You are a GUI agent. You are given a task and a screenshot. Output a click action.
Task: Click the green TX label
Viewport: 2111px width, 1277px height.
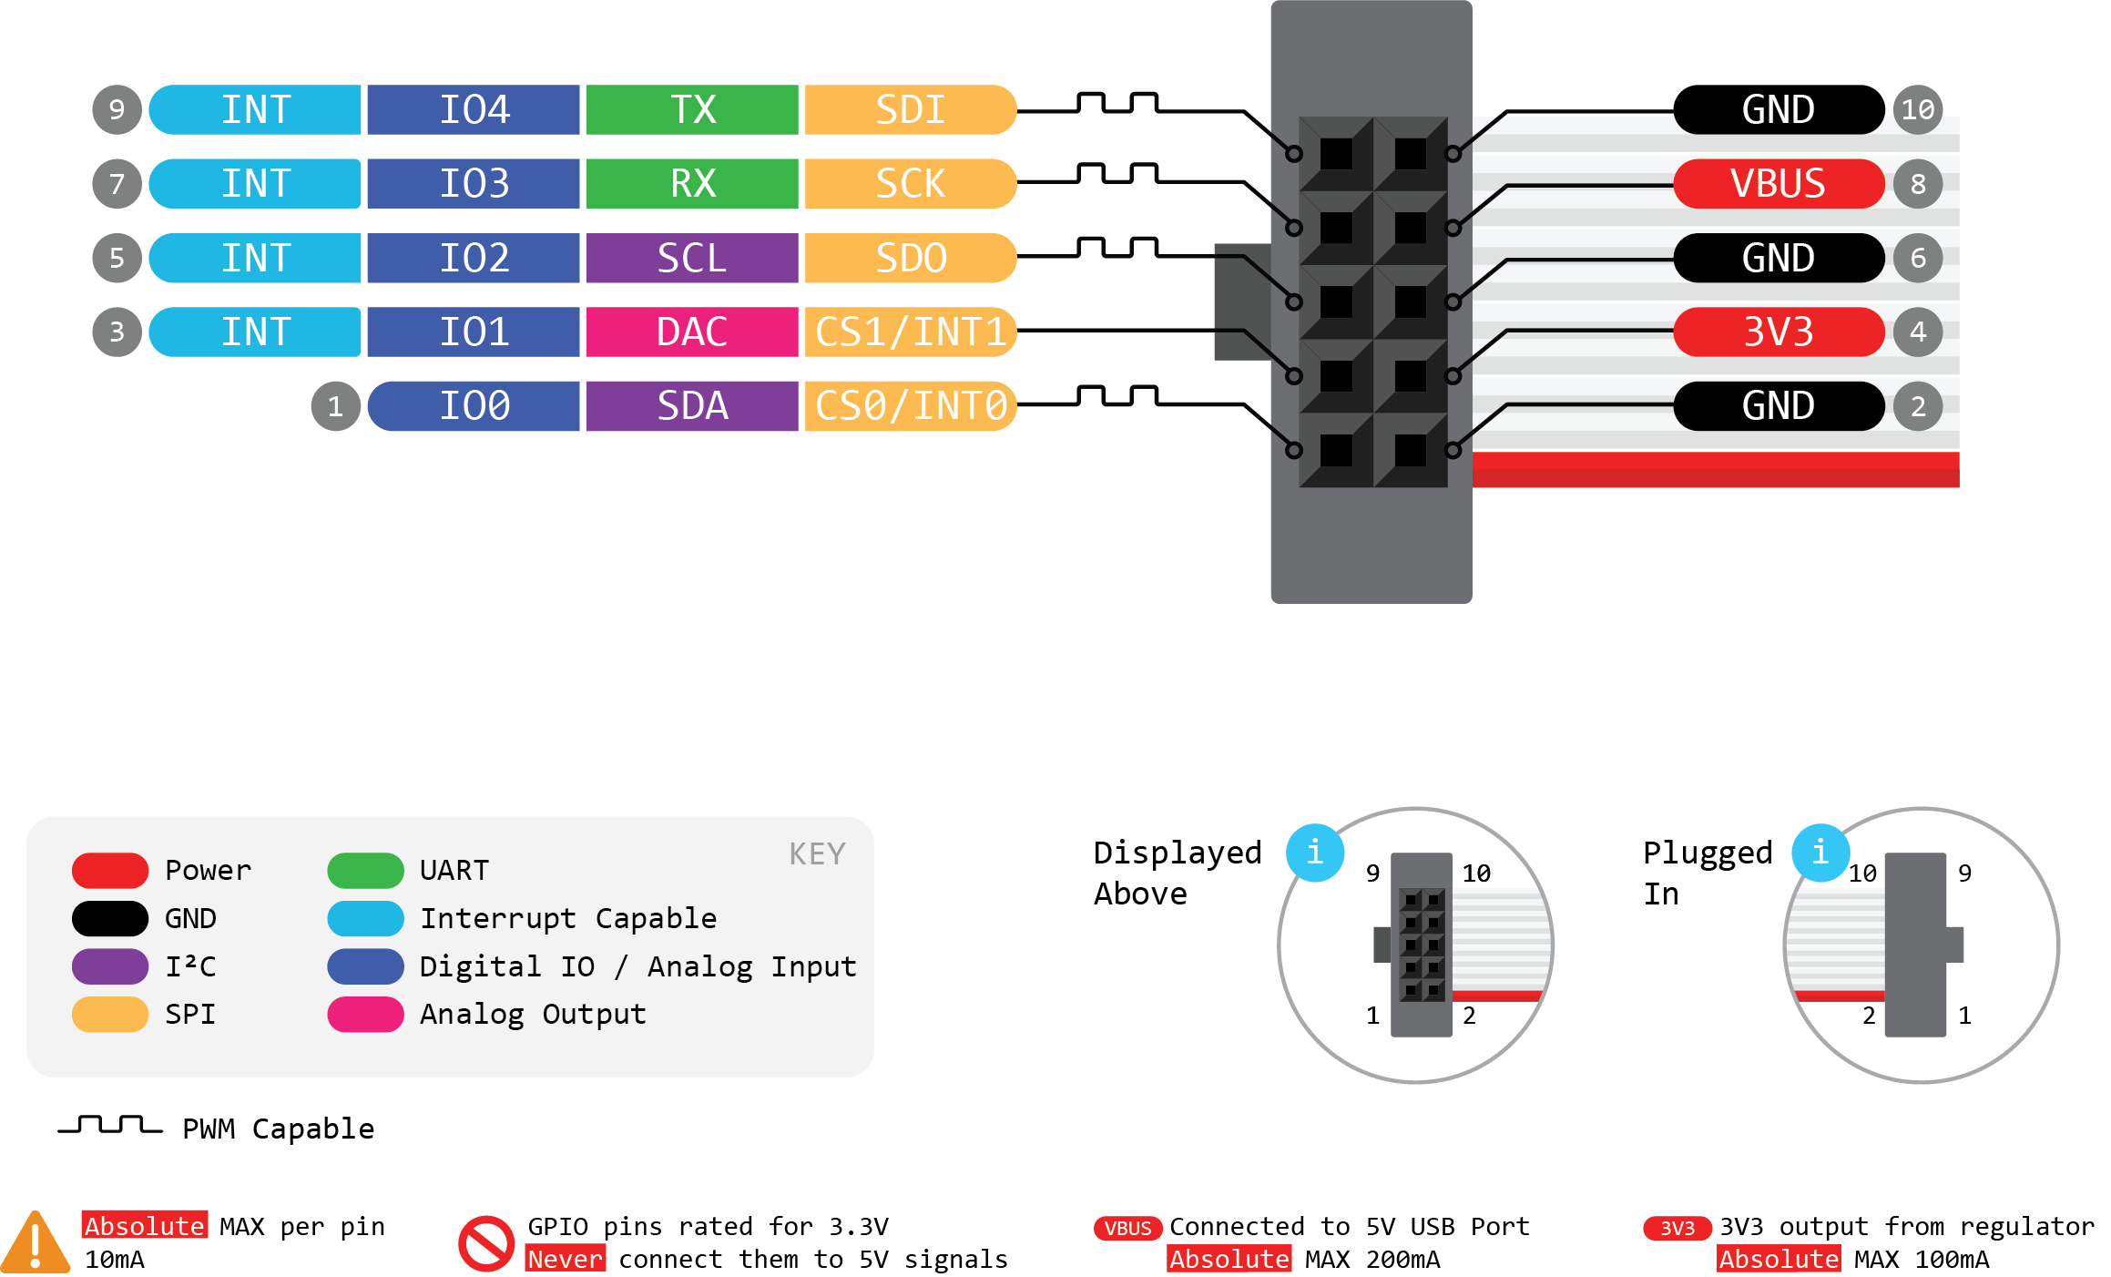pyautogui.click(x=692, y=110)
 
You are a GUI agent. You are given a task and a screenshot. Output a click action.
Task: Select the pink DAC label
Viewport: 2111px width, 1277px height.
pyautogui.click(x=692, y=332)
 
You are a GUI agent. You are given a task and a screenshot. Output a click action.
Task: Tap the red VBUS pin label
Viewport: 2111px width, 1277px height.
pyautogui.click(x=1778, y=184)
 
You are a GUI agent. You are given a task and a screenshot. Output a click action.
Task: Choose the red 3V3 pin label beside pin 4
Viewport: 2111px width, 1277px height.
pyautogui.click(x=1778, y=332)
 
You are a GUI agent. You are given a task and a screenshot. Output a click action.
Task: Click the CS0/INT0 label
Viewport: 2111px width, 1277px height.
pyautogui.click(x=910, y=406)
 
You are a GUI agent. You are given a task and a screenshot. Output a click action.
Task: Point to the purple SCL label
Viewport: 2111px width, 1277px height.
pyautogui.click(x=692, y=258)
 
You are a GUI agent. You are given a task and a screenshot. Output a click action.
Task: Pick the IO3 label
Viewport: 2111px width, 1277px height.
pyautogui.click(x=474, y=184)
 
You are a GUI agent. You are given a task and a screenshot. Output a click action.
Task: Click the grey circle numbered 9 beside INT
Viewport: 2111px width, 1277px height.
pyautogui.click(x=117, y=110)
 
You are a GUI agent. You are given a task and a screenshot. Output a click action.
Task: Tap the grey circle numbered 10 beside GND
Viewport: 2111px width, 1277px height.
pyautogui.click(x=1918, y=110)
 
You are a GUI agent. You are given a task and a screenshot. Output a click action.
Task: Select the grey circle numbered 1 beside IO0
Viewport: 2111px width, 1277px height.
pyautogui.click(x=335, y=406)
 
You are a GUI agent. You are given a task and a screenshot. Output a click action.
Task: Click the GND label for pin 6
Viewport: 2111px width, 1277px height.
pyautogui.click(x=1778, y=258)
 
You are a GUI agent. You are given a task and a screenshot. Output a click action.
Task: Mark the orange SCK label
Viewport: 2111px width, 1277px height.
pyautogui.click(x=910, y=184)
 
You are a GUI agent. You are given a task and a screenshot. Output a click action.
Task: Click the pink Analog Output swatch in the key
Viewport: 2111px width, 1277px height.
pyautogui.click(x=365, y=1015)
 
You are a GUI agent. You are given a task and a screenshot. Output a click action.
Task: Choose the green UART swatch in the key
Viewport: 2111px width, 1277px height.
pyautogui.click(x=365, y=871)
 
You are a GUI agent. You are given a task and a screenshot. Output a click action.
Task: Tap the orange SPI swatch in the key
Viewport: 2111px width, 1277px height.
pyautogui.click(x=110, y=1015)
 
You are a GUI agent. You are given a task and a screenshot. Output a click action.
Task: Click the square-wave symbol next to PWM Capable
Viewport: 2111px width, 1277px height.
pyautogui.click(x=110, y=1126)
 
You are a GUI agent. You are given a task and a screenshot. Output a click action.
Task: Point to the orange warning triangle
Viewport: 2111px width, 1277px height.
pyautogui.click(x=35, y=1242)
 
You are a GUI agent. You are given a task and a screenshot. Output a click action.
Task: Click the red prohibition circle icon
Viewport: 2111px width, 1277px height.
pyautogui.click(x=486, y=1243)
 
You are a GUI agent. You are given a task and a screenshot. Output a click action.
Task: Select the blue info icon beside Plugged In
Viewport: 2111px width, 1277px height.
pyautogui.click(x=1820, y=853)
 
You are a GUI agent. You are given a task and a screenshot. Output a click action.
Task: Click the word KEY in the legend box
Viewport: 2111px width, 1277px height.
pyautogui.click(x=817, y=854)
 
